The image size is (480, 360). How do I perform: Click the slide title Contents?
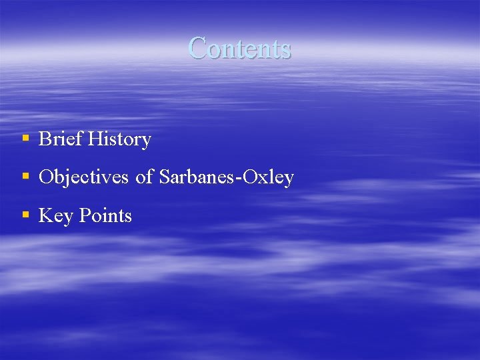(239, 48)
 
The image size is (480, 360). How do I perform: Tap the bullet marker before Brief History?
(25, 139)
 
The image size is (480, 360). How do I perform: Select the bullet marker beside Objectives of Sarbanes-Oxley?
(25, 177)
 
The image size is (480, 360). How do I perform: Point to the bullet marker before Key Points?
(25, 215)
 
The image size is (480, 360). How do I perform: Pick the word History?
(119, 139)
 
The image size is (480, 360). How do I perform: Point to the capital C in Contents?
(197, 48)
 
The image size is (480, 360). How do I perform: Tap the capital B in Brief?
(45, 139)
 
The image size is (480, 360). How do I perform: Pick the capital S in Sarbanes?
(165, 177)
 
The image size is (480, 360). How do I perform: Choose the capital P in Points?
(85, 215)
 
